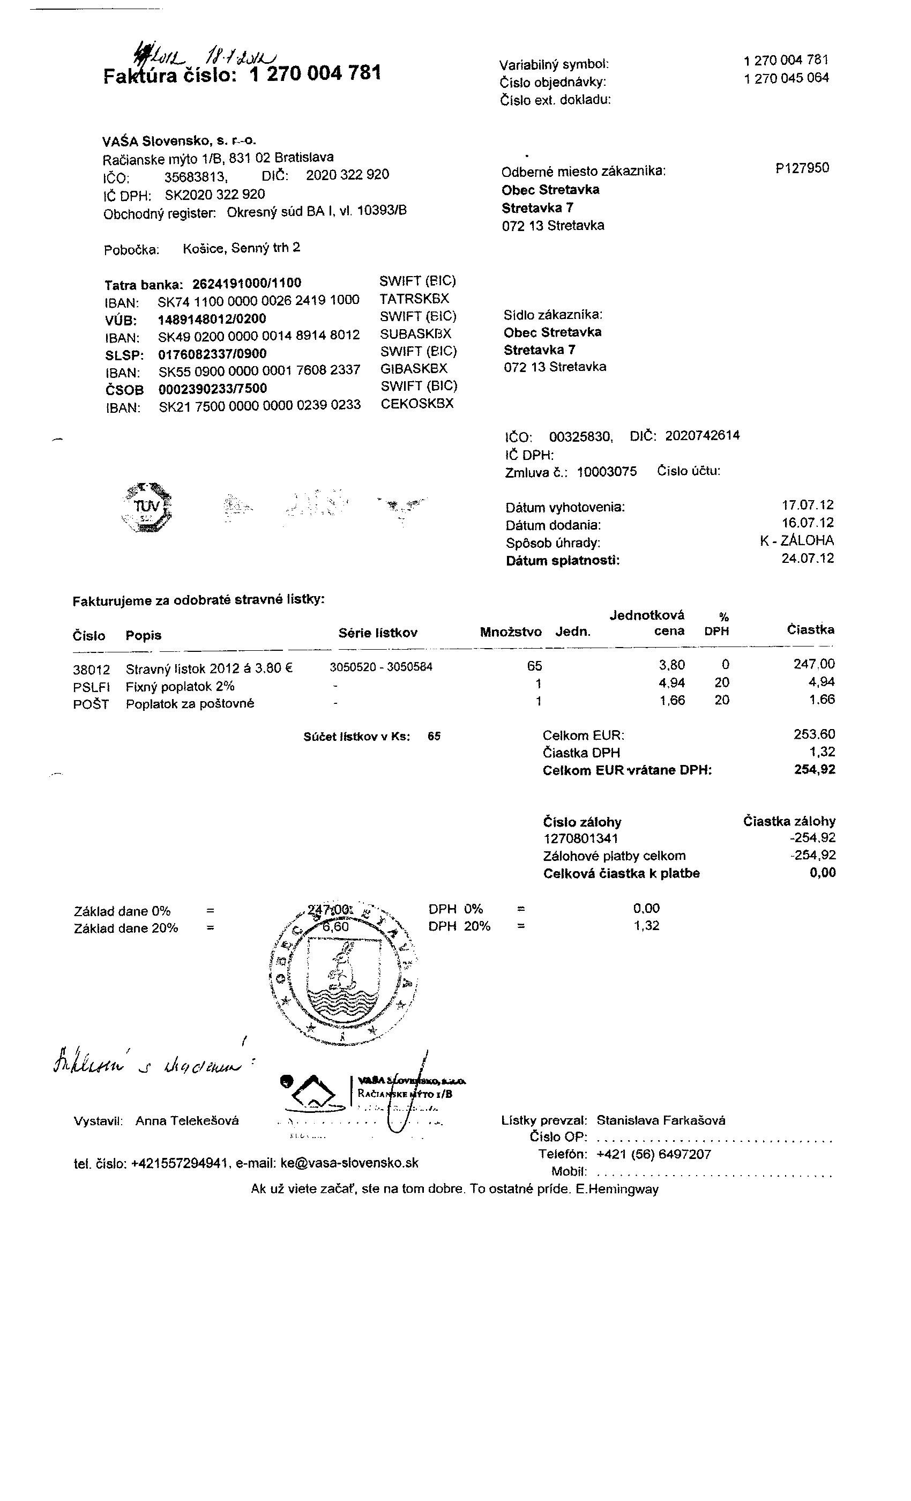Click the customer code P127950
[x=802, y=169]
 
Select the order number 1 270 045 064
[x=786, y=78]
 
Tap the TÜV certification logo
[x=147, y=507]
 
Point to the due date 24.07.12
[x=808, y=559]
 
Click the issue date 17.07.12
[x=808, y=505]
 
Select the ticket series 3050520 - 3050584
[x=381, y=667]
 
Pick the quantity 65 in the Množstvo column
[x=534, y=666]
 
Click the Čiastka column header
[x=810, y=630]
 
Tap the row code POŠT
[x=91, y=705]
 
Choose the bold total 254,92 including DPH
[x=815, y=769]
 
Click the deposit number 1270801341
[x=581, y=839]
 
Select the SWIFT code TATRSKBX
[x=414, y=299]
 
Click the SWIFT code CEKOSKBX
[x=417, y=403]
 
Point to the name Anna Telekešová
[x=187, y=1121]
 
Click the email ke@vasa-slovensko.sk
[x=349, y=1163]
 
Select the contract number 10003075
[x=607, y=472]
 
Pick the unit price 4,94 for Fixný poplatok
[x=671, y=683]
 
